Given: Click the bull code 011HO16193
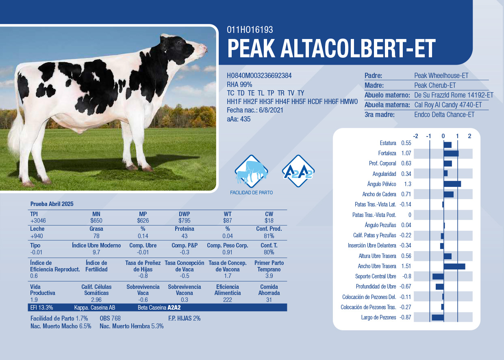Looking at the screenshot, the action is pos(250,30).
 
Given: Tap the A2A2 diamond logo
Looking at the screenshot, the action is pos(298,171).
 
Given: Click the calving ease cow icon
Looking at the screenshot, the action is pos(251,171).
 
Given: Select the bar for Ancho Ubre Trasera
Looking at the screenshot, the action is pos(454,267).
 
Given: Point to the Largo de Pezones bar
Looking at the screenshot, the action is pos(438,317).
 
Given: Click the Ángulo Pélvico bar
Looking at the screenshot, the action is pos(452,184).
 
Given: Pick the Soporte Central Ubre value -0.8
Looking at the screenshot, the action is pos(406,276).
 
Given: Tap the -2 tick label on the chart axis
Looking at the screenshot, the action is pos(415,136).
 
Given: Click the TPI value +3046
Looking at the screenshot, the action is pos(38,221).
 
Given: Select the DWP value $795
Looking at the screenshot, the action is pos(184,221).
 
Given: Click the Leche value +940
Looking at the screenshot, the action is pos(37,236).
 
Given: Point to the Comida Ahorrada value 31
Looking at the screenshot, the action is pos(269,300).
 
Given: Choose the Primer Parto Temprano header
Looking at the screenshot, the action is pos(269,266).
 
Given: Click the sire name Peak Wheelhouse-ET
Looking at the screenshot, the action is pos(441,76).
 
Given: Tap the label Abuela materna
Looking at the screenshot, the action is pos(387,105).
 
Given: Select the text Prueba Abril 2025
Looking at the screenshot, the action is pos(52,204).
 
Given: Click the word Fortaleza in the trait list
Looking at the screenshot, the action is pos(387,153).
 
